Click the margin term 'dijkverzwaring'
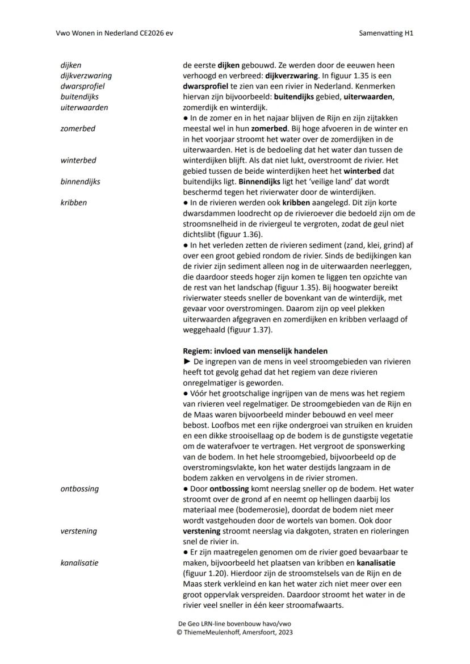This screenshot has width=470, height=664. (86, 76)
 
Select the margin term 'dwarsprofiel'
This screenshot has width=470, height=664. (82, 86)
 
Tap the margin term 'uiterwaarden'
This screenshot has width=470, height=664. (84, 107)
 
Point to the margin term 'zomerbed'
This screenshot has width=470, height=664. (78, 128)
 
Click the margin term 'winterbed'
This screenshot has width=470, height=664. (78, 160)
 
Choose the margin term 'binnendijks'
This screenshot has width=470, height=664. (81, 182)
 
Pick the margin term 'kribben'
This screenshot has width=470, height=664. (74, 202)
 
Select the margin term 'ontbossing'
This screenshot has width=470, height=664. (79, 488)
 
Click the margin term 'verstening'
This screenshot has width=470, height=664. (78, 531)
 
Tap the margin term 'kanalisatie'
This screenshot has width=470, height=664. (79, 563)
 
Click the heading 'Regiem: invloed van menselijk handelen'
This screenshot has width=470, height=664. (255, 351)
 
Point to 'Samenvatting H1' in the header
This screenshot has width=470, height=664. (386, 33)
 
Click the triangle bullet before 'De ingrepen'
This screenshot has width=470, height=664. (187, 362)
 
